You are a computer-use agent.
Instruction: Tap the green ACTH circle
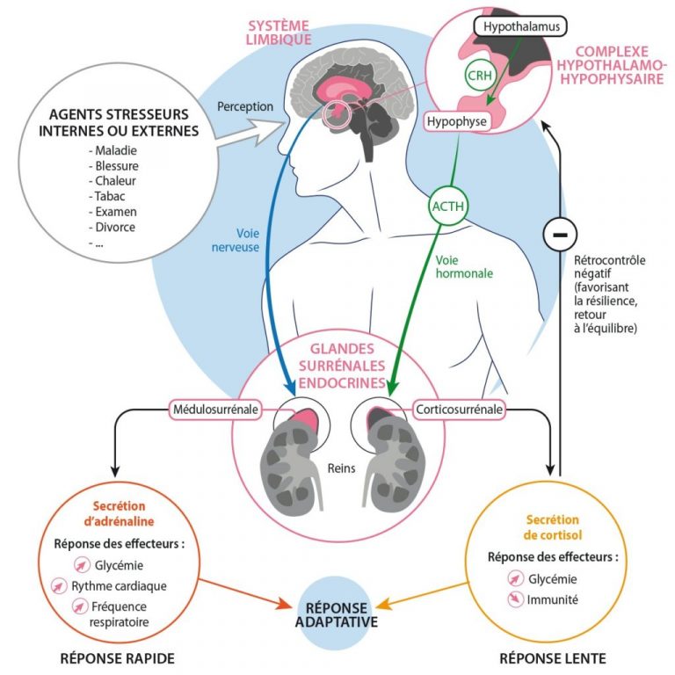click(x=448, y=207)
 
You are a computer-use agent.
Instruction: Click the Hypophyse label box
click(x=456, y=122)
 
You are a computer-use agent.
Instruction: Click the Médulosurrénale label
click(x=211, y=410)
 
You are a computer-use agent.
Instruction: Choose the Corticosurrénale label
click(x=458, y=410)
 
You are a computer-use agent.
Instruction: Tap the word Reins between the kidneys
click(x=337, y=468)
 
